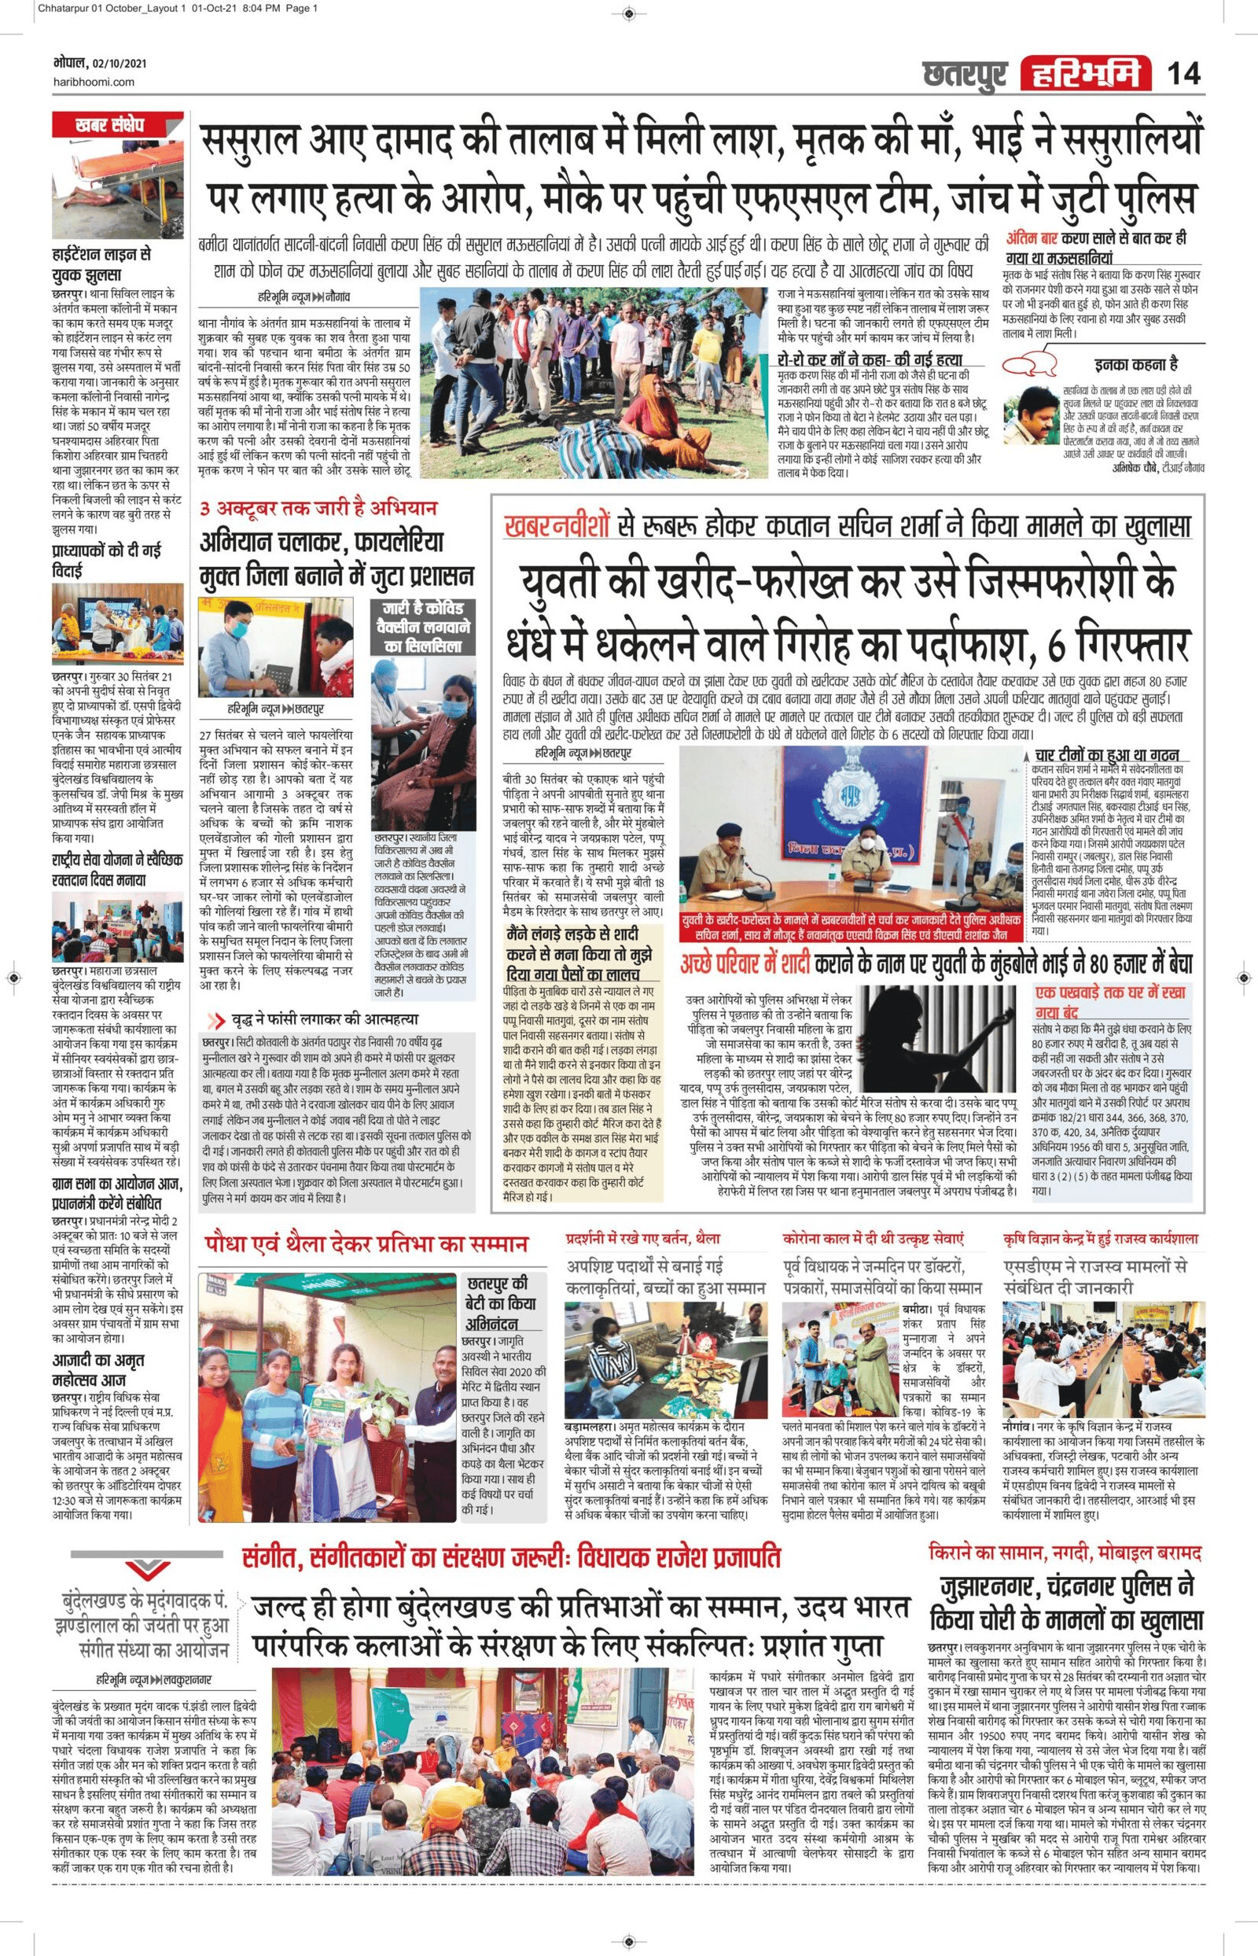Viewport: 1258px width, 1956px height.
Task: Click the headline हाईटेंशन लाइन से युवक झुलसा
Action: point(101,265)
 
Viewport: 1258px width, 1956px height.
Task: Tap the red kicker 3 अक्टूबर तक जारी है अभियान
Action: point(319,508)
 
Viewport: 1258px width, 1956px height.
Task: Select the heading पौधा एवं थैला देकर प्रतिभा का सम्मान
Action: point(368,1245)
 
